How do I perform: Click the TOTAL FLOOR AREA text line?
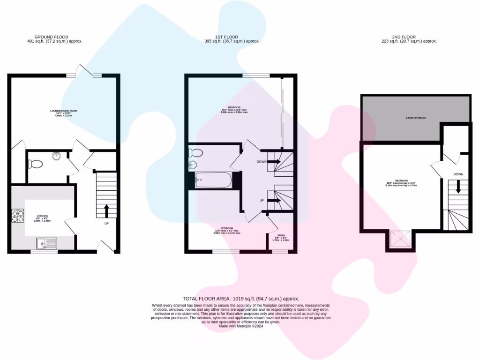240,299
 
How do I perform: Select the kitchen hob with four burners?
18,216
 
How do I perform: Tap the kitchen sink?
46,243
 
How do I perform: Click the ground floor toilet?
35,164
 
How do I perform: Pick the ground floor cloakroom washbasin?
57,157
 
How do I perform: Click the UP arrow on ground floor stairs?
107,210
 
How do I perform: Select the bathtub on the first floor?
213,180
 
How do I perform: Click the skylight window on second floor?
399,240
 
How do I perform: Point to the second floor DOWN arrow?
458,187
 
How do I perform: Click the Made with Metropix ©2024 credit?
241,326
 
